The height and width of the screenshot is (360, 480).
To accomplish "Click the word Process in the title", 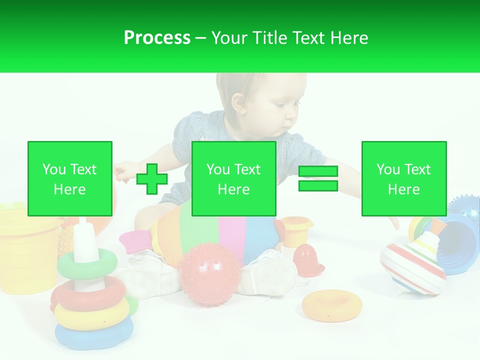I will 157,38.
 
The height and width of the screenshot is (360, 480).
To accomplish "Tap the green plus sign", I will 152,178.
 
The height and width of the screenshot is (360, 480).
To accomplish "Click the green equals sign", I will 318,178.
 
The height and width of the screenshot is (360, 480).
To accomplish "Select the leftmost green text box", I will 70,178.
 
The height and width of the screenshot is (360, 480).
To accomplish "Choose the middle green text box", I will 234,178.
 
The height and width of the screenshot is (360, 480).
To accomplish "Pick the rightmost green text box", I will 403,178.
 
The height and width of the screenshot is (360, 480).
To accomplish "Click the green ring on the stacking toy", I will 87,264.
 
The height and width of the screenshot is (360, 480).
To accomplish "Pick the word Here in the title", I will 348,38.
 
